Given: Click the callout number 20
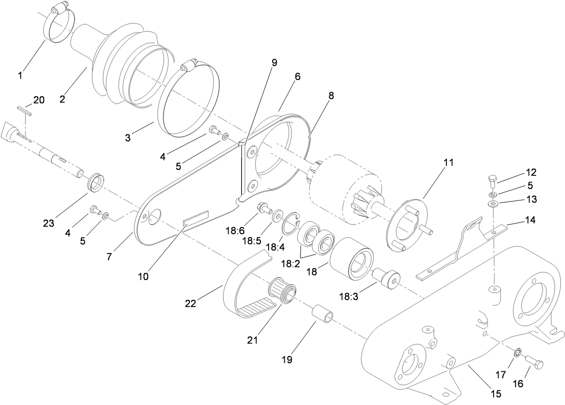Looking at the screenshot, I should (x=39, y=100).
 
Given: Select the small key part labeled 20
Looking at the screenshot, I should (x=24, y=111).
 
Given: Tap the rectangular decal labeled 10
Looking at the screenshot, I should (x=196, y=218).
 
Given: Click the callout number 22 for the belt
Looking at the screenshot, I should (x=190, y=304).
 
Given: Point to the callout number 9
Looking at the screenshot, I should (x=274, y=62).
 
